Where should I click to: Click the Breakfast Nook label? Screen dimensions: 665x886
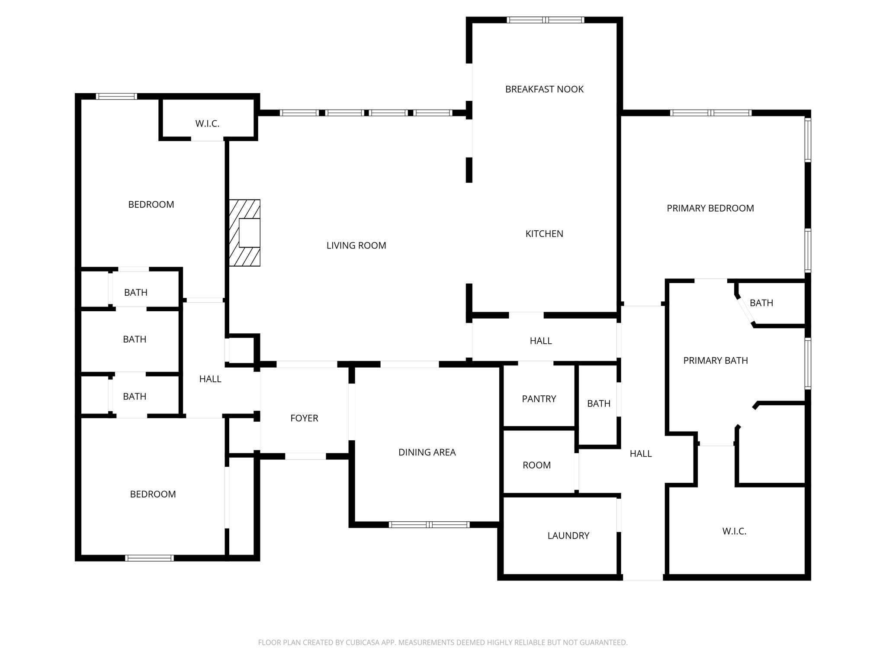click(544, 89)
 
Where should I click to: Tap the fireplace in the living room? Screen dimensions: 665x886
click(245, 233)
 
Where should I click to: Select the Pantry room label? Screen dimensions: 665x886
click(539, 399)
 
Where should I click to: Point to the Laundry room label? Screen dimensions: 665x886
click(568, 536)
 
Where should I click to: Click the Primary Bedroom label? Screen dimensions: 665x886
click(710, 208)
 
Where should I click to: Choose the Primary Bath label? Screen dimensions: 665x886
click(715, 361)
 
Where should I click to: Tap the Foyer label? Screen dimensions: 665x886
click(304, 418)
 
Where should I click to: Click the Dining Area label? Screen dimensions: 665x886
click(427, 452)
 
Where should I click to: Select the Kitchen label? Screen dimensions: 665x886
click(544, 234)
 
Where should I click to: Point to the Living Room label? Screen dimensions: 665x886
click(356, 245)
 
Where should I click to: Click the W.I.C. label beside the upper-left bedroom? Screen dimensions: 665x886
click(207, 124)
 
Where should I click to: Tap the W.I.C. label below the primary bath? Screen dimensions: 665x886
click(734, 531)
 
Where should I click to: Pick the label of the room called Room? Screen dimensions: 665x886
click(536, 465)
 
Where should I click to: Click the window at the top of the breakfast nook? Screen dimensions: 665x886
click(545, 20)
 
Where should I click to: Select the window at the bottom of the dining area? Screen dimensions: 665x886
click(429, 525)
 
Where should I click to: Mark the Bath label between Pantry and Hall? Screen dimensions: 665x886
click(598, 404)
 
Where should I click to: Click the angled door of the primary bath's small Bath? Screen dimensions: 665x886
click(745, 310)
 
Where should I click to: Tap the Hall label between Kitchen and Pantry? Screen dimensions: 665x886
click(540, 341)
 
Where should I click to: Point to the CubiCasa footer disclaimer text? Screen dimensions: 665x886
click(443, 642)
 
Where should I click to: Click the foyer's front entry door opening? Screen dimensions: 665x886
click(305, 456)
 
